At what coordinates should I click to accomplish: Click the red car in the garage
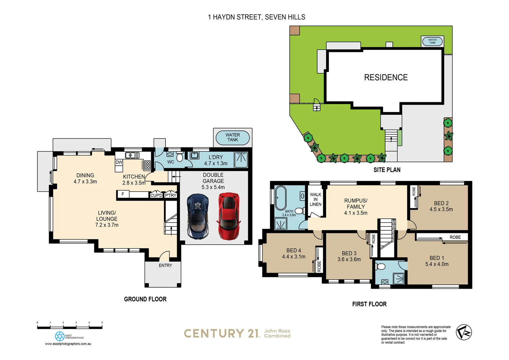pyautogui.click(x=229, y=216)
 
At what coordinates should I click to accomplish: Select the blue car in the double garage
pyautogui.click(x=198, y=216)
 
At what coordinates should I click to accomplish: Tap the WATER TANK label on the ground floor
pyautogui.click(x=233, y=137)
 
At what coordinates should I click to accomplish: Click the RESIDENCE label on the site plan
pyautogui.click(x=386, y=77)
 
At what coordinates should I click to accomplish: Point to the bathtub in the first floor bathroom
pyautogui.click(x=280, y=198)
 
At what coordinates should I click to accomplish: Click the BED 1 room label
pyautogui.click(x=436, y=258)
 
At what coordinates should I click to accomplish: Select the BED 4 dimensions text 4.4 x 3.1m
pyautogui.click(x=293, y=257)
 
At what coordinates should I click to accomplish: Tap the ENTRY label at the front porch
pyautogui.click(x=165, y=265)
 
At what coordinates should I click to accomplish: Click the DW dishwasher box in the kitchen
pyautogui.click(x=119, y=162)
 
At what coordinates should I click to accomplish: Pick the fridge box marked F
pyautogui.click(x=123, y=194)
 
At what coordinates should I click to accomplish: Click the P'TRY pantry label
pyautogui.click(x=171, y=195)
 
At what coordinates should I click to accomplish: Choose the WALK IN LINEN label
pyautogui.click(x=315, y=199)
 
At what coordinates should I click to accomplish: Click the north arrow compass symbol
pyautogui.click(x=464, y=332)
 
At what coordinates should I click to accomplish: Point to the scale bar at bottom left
pyautogui.click(x=70, y=327)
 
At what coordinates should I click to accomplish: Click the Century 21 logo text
pyautogui.click(x=222, y=333)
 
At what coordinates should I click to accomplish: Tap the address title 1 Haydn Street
pyautogui.click(x=256, y=17)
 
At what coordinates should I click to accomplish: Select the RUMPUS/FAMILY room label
pyautogui.click(x=356, y=203)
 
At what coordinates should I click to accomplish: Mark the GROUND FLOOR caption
pyautogui.click(x=145, y=299)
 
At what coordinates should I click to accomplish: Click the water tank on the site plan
pyautogui.click(x=432, y=41)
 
